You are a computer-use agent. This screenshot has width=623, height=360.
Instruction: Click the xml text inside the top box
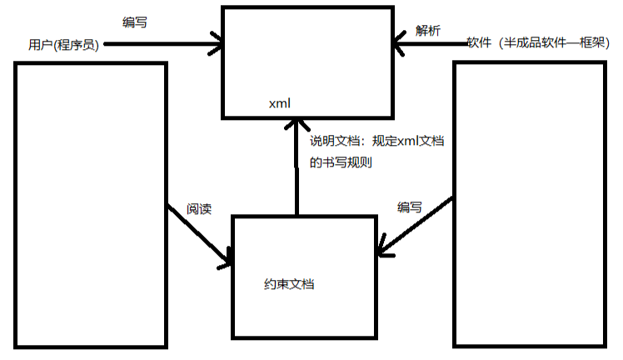click(x=278, y=104)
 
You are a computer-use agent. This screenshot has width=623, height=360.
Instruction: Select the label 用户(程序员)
click(x=63, y=45)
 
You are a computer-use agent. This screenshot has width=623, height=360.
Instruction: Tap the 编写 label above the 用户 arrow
click(x=135, y=22)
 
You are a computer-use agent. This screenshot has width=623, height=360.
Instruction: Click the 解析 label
click(x=429, y=31)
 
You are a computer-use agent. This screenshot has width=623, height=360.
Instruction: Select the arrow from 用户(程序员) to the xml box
click(x=158, y=45)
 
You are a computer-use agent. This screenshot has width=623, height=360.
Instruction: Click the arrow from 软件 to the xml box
click(x=433, y=43)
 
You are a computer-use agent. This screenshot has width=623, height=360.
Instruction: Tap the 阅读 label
click(x=199, y=208)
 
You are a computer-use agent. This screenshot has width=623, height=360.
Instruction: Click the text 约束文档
click(x=288, y=284)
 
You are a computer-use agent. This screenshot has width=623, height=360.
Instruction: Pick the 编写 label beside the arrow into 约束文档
click(x=409, y=207)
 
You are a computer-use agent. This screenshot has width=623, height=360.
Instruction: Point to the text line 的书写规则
click(x=340, y=162)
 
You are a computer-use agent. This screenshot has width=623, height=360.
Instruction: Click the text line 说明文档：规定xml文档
click(x=376, y=142)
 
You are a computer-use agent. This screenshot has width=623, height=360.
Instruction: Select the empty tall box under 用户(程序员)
click(x=90, y=204)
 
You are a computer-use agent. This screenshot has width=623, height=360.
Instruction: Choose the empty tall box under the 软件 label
click(x=529, y=204)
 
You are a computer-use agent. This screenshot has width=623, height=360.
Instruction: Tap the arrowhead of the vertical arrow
click(x=296, y=127)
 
